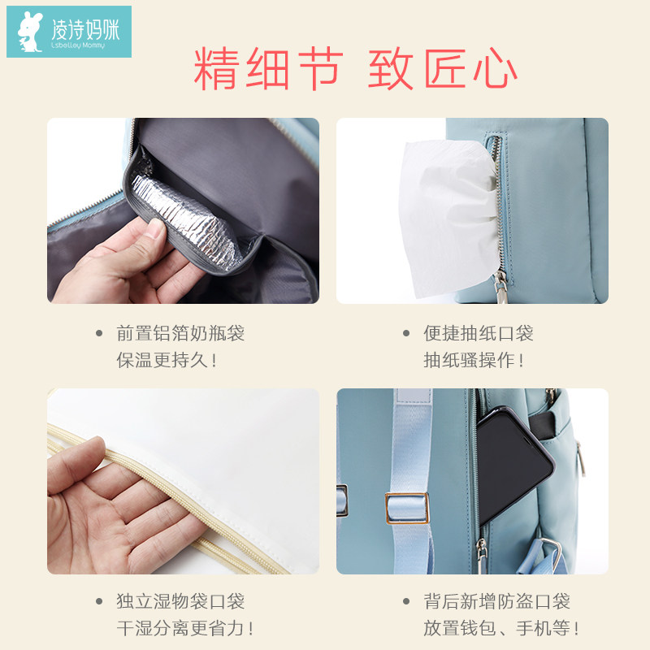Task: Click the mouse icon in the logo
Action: (x=29, y=32)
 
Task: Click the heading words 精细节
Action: (x=267, y=71)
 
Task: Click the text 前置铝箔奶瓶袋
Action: (x=180, y=333)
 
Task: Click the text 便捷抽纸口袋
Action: (x=478, y=333)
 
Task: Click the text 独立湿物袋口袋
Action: (x=180, y=601)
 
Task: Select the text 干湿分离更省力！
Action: (x=186, y=628)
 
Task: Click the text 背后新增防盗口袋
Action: (x=496, y=601)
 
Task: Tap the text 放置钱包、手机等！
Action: (x=502, y=628)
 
